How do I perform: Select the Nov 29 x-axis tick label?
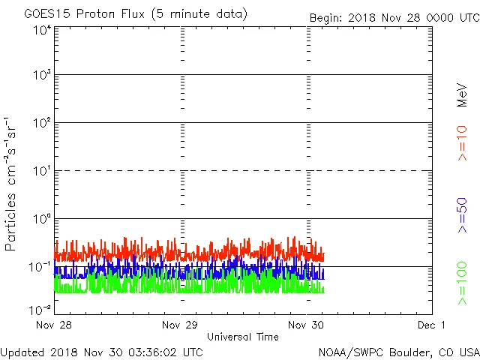click(181, 325)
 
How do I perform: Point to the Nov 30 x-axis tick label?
click(307, 325)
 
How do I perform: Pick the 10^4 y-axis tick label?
click(42, 30)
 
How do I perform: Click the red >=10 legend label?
click(463, 142)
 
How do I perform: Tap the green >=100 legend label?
click(463, 283)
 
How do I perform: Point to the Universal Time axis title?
click(243, 337)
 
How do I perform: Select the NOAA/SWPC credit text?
click(398, 351)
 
